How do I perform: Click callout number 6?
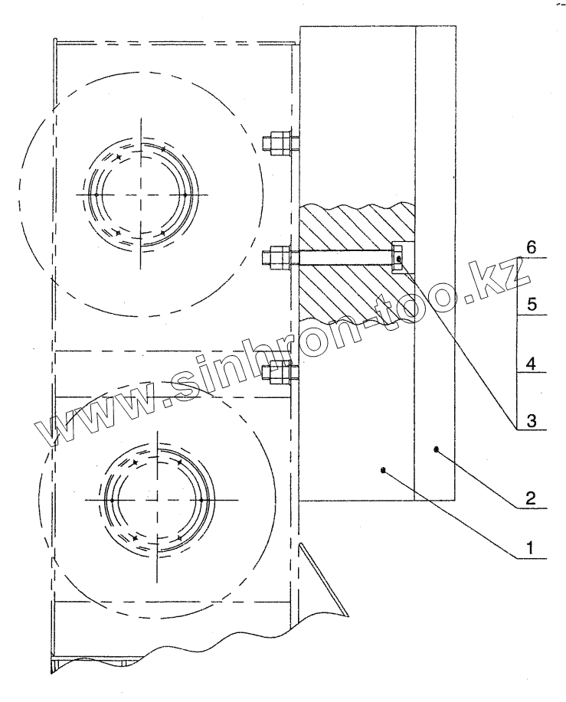click(531, 247)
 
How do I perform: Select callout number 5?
click(532, 305)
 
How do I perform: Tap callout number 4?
click(531, 363)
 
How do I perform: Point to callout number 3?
click(532, 421)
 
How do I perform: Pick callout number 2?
click(531, 498)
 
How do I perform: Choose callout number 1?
click(531, 547)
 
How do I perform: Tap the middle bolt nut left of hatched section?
click(276, 259)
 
